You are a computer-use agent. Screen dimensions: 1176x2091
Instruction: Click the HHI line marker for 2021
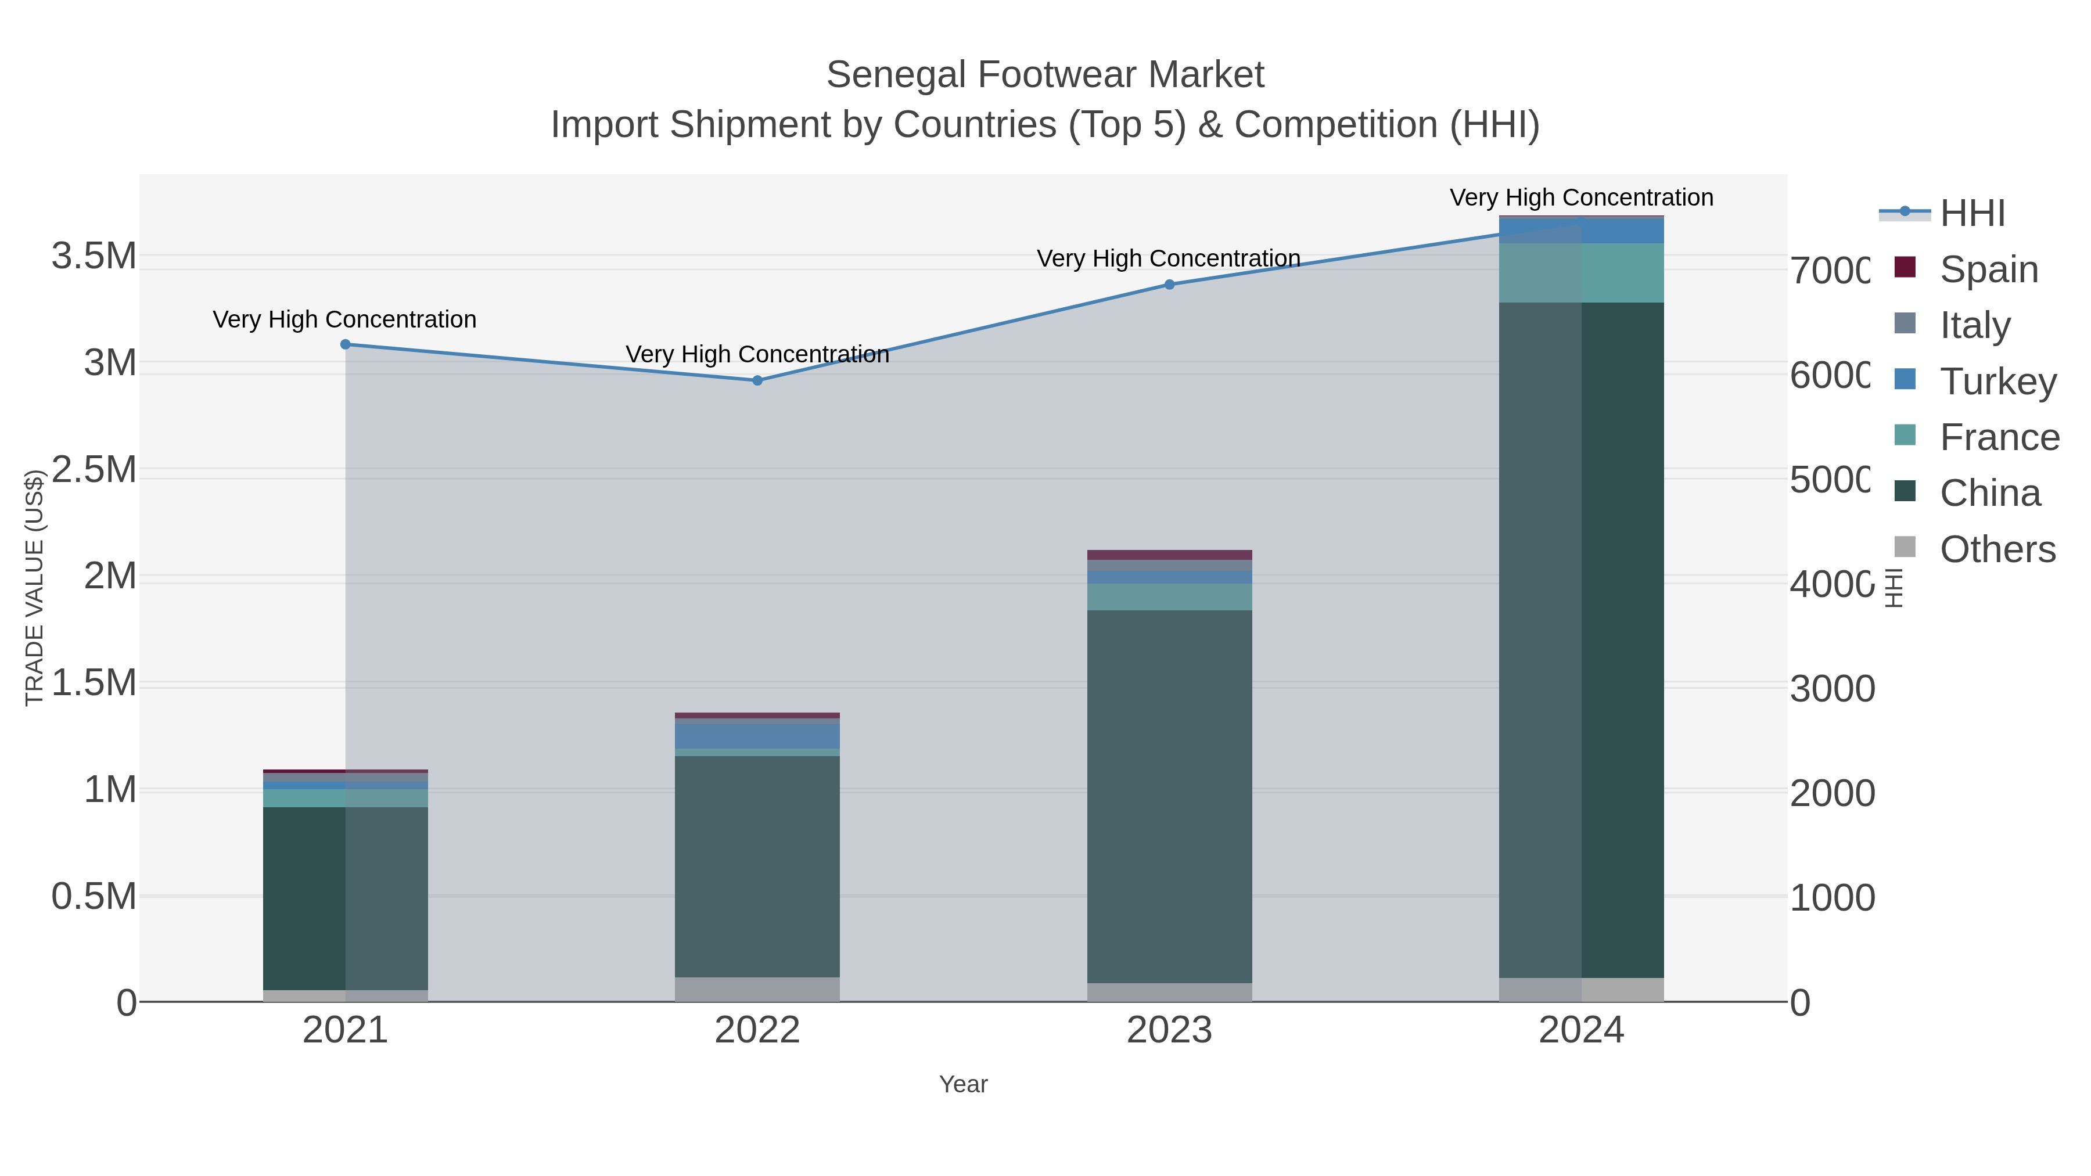coord(345,344)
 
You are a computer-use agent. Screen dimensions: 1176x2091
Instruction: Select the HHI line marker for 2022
coord(757,380)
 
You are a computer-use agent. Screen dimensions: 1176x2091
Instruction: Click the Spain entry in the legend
coord(1988,269)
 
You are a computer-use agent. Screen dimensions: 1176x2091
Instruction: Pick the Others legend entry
coord(1997,549)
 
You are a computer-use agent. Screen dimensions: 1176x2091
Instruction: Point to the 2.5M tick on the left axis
coord(94,469)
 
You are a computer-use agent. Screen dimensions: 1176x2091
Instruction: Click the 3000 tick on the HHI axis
coord(1832,688)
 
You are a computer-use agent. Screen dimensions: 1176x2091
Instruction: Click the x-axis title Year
coord(964,1084)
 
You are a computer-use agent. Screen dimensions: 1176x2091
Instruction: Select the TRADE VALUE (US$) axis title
coord(34,588)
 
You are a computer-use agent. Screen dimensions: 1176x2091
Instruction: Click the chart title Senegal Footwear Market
coord(1045,75)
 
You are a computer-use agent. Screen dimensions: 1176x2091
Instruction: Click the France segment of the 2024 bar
coord(1581,273)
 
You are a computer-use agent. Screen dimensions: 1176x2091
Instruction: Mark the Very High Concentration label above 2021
coord(345,320)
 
